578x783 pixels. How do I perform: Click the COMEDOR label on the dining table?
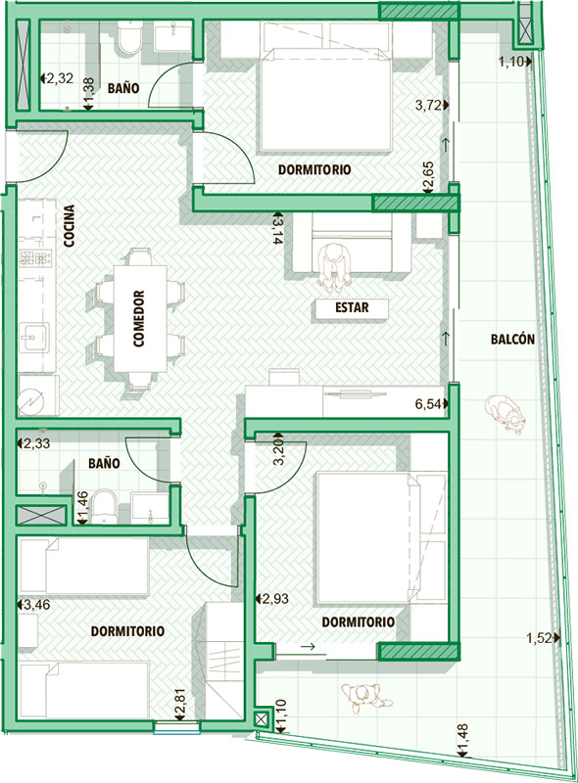[139, 319]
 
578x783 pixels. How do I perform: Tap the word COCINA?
[70, 226]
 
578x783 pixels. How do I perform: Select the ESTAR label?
[352, 307]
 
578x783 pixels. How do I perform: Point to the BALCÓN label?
[512, 340]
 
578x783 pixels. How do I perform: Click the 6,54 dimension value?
[428, 404]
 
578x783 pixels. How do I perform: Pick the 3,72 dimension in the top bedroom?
[428, 106]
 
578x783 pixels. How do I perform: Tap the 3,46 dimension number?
[37, 605]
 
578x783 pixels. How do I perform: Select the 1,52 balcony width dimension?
[539, 638]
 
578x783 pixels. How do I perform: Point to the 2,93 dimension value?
[275, 598]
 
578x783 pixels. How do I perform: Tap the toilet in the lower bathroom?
[105, 507]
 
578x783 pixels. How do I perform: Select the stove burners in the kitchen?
[35, 258]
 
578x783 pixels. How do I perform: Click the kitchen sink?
[34, 338]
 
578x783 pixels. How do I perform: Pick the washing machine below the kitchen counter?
[38, 395]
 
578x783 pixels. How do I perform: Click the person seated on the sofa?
[333, 267]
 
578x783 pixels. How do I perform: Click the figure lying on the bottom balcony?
[366, 698]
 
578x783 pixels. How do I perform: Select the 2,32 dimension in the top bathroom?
[60, 78]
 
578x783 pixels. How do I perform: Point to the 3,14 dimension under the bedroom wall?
[275, 229]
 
